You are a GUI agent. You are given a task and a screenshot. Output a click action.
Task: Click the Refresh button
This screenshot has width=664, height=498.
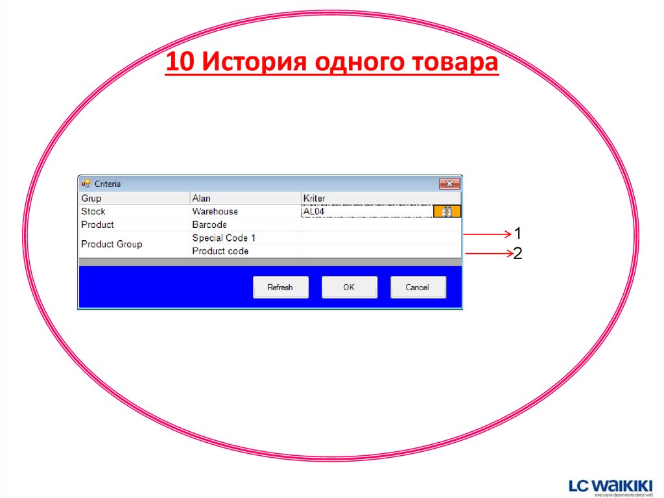[280, 287]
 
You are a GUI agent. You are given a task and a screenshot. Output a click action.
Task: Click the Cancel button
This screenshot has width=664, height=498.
[418, 287]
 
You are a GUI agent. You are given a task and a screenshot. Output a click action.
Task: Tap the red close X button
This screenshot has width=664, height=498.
[449, 184]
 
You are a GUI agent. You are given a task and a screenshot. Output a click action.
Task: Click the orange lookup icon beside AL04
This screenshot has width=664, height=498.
[447, 211]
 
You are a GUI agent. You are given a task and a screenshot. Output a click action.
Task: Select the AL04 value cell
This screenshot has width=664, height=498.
[366, 211]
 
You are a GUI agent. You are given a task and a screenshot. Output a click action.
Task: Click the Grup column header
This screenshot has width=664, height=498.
[91, 198]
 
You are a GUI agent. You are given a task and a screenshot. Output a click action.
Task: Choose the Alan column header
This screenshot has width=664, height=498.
[201, 198]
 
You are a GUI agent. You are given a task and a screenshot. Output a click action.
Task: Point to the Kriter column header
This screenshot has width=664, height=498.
[314, 198]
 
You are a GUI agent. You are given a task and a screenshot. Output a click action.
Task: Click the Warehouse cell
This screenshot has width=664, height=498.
[215, 211]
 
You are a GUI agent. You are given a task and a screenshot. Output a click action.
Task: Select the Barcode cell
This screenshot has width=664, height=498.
[209, 225]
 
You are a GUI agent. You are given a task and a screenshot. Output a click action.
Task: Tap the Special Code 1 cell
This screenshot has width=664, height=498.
[224, 238]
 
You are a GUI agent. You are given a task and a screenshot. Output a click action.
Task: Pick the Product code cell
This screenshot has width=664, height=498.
[220, 251]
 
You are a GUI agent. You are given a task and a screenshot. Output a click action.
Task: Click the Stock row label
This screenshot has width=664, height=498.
[93, 211]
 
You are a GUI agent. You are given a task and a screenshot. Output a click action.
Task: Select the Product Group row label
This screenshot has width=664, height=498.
[112, 244]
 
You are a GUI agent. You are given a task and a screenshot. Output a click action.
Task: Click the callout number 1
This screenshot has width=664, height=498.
[518, 233]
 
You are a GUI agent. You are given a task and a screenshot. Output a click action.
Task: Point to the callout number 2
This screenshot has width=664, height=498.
[518, 254]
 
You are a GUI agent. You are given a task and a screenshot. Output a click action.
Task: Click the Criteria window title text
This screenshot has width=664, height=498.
[108, 184]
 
